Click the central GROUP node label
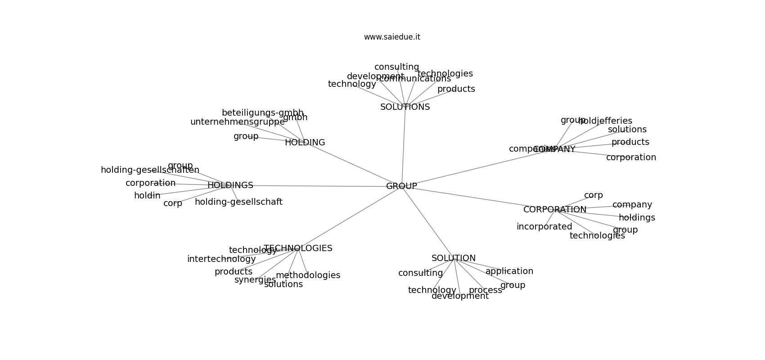(x=401, y=186)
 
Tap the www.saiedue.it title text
(x=392, y=37)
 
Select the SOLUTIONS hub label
(x=405, y=107)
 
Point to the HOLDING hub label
(x=305, y=143)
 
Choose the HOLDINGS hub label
(x=230, y=185)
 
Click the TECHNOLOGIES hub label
(x=298, y=248)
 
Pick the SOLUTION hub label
(x=453, y=258)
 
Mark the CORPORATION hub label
(x=554, y=210)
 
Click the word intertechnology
(x=221, y=259)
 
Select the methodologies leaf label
(x=308, y=275)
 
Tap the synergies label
(x=255, y=280)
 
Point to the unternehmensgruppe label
(x=237, y=122)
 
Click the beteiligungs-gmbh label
(x=262, y=113)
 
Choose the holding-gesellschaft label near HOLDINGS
(x=238, y=202)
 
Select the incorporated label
(x=544, y=227)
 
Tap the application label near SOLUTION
(x=509, y=271)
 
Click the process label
(x=485, y=290)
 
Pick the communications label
(x=414, y=79)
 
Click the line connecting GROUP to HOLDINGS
(x=315, y=186)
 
